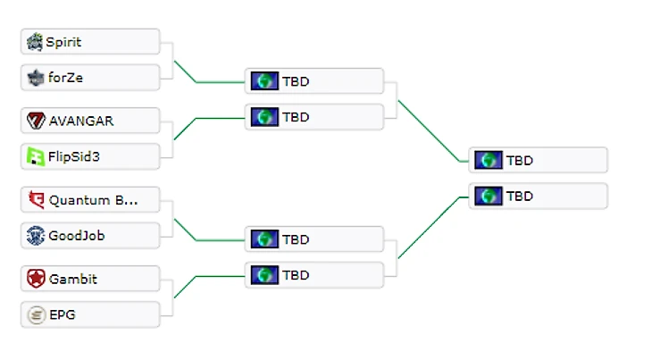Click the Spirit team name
63,42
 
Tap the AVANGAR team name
81,121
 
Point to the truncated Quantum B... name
94,200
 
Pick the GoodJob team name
77,236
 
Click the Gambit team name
73,279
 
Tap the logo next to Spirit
35,42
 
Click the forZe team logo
35,78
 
